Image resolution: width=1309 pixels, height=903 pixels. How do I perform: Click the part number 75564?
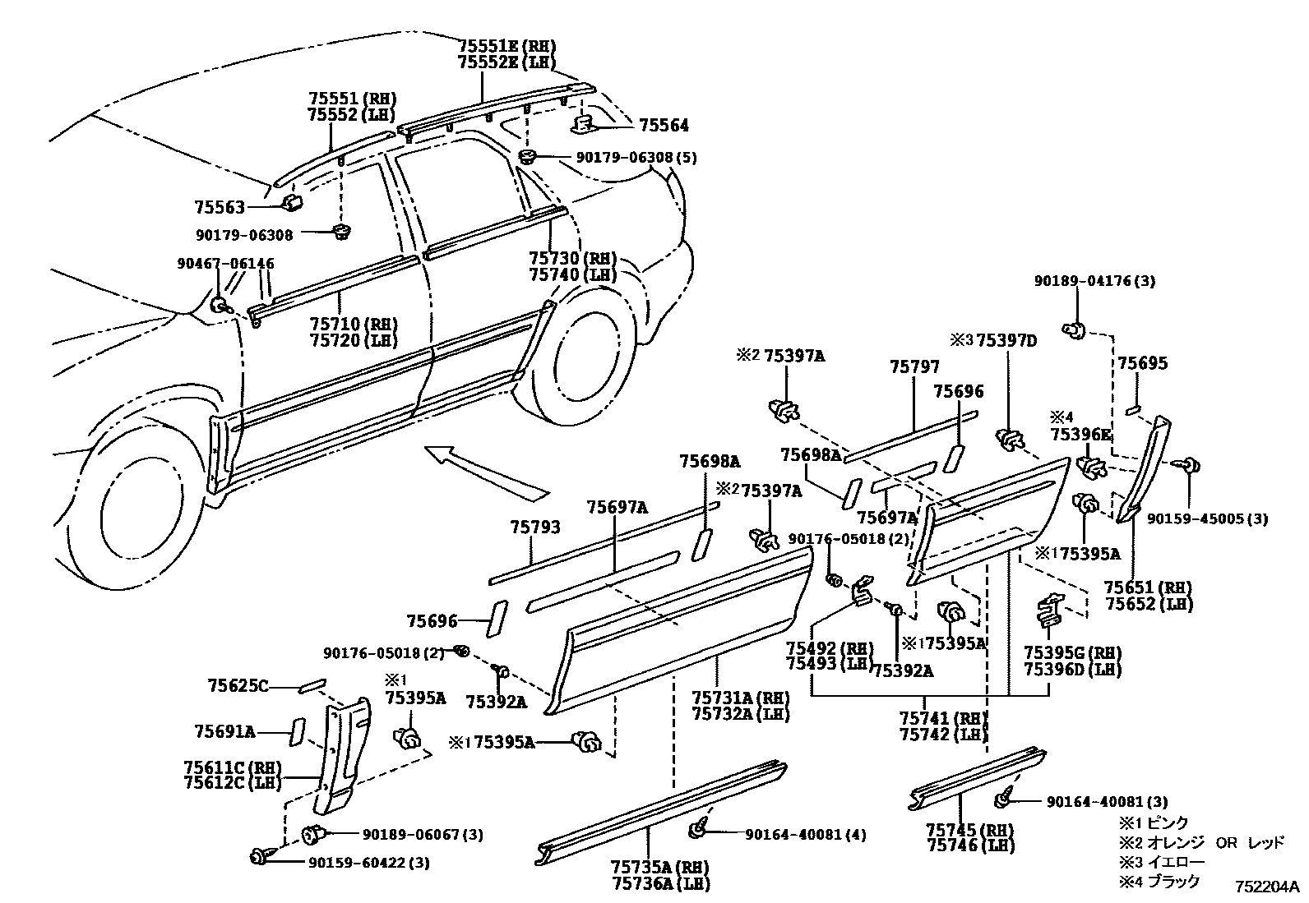[664, 125]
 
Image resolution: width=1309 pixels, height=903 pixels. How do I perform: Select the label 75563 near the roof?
[220, 207]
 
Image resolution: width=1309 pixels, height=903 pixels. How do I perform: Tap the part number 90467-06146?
[225, 264]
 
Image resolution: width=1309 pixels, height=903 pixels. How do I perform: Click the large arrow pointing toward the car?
[485, 472]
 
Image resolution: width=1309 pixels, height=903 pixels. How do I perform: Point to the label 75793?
[534, 527]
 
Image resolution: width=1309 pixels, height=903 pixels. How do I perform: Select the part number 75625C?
[238, 684]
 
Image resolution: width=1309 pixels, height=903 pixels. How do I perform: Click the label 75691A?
[224, 730]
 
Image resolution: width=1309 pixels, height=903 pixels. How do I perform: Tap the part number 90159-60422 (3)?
[380, 863]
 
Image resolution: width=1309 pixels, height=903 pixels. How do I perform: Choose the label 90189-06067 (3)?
[423, 835]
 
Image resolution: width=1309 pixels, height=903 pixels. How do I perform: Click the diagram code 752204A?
[1265, 887]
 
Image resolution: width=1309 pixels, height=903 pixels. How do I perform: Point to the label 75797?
[914, 366]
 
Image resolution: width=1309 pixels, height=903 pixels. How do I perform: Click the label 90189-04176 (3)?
[1094, 281]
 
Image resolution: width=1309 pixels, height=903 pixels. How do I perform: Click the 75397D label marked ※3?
[1006, 340]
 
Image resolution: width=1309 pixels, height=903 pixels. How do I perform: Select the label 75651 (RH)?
[1148, 587]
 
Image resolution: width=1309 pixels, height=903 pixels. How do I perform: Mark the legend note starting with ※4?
[1159, 881]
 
